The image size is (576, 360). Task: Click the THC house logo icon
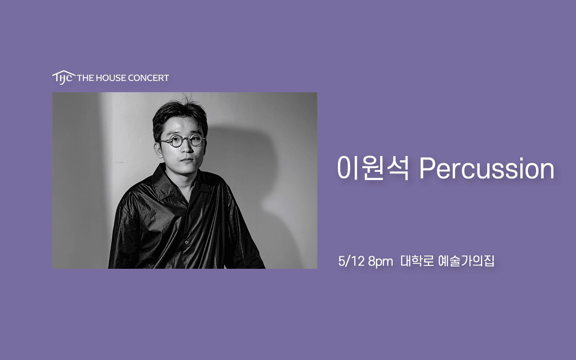pyautogui.click(x=63, y=77)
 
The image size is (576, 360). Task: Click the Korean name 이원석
pyautogui.click(x=373, y=168)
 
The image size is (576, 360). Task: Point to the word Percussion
pyautogui.click(x=487, y=168)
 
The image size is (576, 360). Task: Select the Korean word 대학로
pyautogui.click(x=417, y=262)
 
